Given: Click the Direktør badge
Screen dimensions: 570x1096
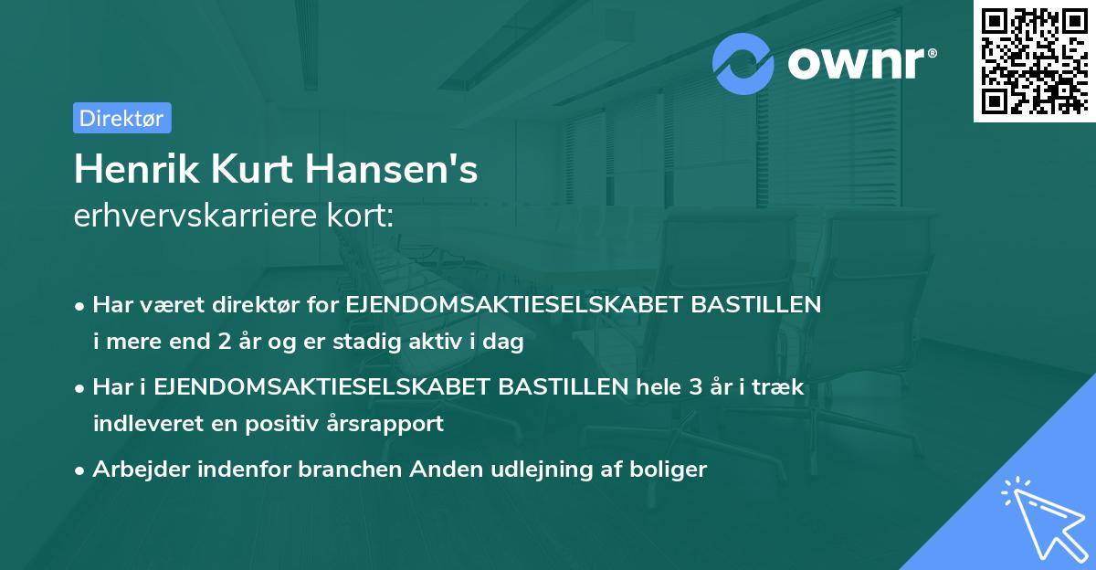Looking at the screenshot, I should click(121, 118).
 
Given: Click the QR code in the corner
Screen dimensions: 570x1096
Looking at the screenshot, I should click(1033, 60).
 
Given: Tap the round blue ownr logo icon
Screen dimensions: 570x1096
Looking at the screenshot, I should click(744, 63).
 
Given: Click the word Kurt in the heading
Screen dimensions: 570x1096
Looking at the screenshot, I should click(245, 169).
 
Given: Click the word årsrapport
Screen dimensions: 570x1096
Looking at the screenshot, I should click(390, 424).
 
